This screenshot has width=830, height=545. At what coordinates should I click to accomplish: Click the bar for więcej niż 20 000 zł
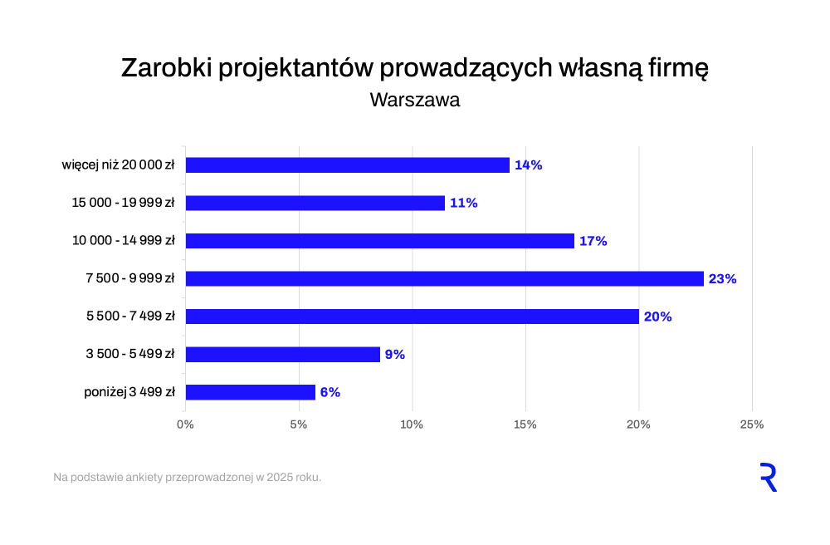click(x=347, y=165)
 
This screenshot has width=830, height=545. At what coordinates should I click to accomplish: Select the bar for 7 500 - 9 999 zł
click(x=444, y=279)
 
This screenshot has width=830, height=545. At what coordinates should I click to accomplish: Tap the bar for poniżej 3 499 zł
click(x=251, y=392)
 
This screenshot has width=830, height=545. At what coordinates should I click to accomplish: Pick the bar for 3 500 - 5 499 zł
click(x=282, y=355)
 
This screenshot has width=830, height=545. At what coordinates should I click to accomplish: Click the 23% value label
click(x=722, y=279)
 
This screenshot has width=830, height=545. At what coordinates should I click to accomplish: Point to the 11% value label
click(x=463, y=203)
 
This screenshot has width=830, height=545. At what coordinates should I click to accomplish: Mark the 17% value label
click(x=593, y=241)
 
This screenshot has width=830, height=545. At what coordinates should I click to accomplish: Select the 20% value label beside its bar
click(x=657, y=317)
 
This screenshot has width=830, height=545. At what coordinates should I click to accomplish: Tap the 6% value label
click(x=330, y=392)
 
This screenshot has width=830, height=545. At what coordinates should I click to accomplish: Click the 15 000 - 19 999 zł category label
click(x=123, y=203)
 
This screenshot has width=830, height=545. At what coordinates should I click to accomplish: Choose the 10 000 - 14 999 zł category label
click(x=123, y=241)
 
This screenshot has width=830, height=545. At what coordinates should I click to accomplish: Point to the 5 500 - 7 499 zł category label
click(x=129, y=317)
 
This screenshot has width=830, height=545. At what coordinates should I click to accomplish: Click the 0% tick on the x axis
click(x=185, y=425)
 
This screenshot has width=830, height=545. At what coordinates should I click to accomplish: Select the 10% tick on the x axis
click(x=412, y=425)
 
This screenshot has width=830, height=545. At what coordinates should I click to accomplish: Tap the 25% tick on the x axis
click(x=751, y=425)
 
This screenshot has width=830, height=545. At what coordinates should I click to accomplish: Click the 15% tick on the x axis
click(x=525, y=425)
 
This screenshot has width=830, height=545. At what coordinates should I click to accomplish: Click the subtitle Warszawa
click(x=414, y=100)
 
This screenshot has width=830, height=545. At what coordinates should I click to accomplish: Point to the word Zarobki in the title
click(x=166, y=68)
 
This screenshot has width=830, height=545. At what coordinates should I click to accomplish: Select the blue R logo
click(x=769, y=478)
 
